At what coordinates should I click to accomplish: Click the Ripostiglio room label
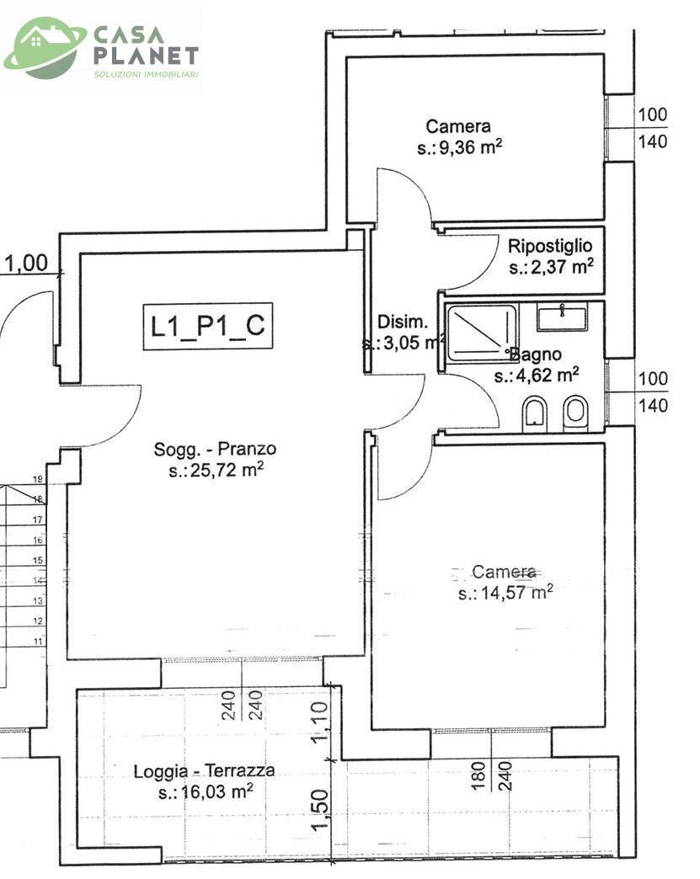click(x=550, y=246)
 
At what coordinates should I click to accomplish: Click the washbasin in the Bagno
click(x=561, y=318)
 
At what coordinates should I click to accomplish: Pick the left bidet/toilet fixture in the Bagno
click(x=534, y=413)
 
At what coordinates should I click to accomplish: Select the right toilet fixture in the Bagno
click(x=575, y=412)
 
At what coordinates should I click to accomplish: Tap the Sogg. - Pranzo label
click(x=215, y=449)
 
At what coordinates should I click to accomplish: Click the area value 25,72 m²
click(x=216, y=470)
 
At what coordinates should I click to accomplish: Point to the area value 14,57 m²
click(x=505, y=593)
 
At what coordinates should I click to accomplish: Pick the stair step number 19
click(x=38, y=479)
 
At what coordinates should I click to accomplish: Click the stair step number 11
click(x=38, y=642)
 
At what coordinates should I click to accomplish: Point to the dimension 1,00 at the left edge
click(x=27, y=264)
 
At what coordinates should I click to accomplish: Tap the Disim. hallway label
click(x=403, y=322)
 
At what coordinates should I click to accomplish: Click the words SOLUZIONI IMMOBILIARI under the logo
click(x=146, y=75)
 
